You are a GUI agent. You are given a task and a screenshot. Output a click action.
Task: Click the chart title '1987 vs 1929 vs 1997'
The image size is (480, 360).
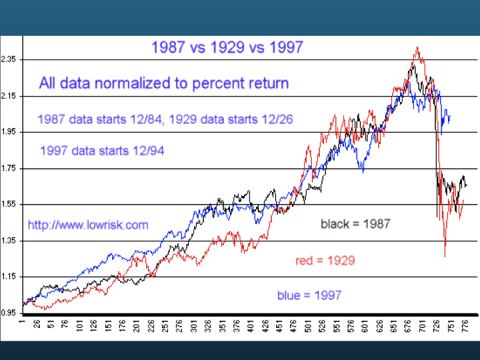point(227,47)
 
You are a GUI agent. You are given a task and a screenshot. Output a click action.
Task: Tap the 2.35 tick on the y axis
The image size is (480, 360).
point(8,59)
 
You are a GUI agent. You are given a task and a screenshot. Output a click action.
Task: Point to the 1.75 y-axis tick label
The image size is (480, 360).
point(8,169)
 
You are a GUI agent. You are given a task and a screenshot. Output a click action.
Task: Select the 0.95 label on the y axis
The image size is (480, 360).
point(8,313)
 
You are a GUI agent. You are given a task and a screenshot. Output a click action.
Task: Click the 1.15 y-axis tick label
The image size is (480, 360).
point(8,277)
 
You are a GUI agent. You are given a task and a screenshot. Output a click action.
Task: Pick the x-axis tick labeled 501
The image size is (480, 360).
point(308,326)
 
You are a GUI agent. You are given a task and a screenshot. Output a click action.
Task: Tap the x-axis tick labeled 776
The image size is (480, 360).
point(465,326)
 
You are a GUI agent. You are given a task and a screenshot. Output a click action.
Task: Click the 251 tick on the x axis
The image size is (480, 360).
point(165,326)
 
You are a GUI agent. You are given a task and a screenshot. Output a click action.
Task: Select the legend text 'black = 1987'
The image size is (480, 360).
point(355,224)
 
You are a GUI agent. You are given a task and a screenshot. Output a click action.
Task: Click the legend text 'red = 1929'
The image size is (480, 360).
point(325,261)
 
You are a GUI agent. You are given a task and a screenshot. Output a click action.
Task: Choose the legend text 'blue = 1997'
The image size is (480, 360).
point(309,295)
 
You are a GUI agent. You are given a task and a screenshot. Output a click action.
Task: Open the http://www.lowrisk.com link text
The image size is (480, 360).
point(88,225)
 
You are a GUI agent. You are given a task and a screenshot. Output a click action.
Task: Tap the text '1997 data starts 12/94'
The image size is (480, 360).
point(102,151)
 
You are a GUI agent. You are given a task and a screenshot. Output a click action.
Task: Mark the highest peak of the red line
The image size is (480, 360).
point(417,47)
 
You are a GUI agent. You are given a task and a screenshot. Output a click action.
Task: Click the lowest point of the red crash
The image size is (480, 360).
point(445,257)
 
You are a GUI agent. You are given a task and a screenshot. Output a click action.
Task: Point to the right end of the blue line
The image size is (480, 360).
point(450,116)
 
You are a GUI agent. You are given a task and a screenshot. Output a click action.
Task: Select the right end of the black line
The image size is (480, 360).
point(467,185)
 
